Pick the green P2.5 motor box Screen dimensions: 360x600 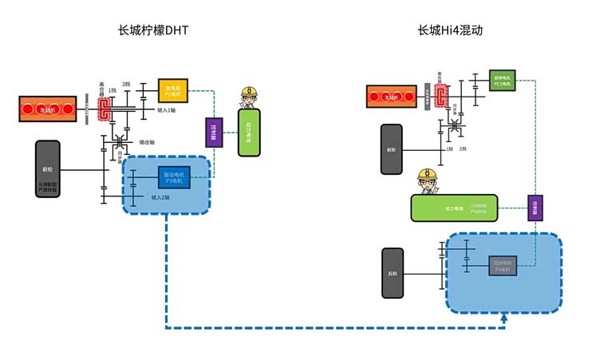tap(501, 80)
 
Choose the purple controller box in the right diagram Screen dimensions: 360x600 tap(535, 208)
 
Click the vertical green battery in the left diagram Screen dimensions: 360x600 tap(251, 134)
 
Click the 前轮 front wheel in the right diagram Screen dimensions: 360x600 tap(391, 149)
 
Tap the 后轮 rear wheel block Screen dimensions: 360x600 tap(391, 272)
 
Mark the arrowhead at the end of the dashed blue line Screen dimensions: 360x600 tap(503, 320)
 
